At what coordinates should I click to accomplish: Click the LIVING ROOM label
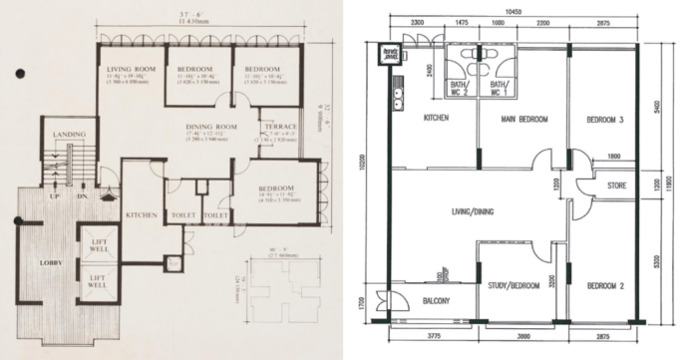point(128,68)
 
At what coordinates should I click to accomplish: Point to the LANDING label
point(68,135)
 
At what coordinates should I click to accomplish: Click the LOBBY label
point(50,262)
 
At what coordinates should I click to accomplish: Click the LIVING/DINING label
point(477,211)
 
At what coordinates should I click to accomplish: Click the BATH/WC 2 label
point(458,88)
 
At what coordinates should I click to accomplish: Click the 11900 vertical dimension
point(680,181)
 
